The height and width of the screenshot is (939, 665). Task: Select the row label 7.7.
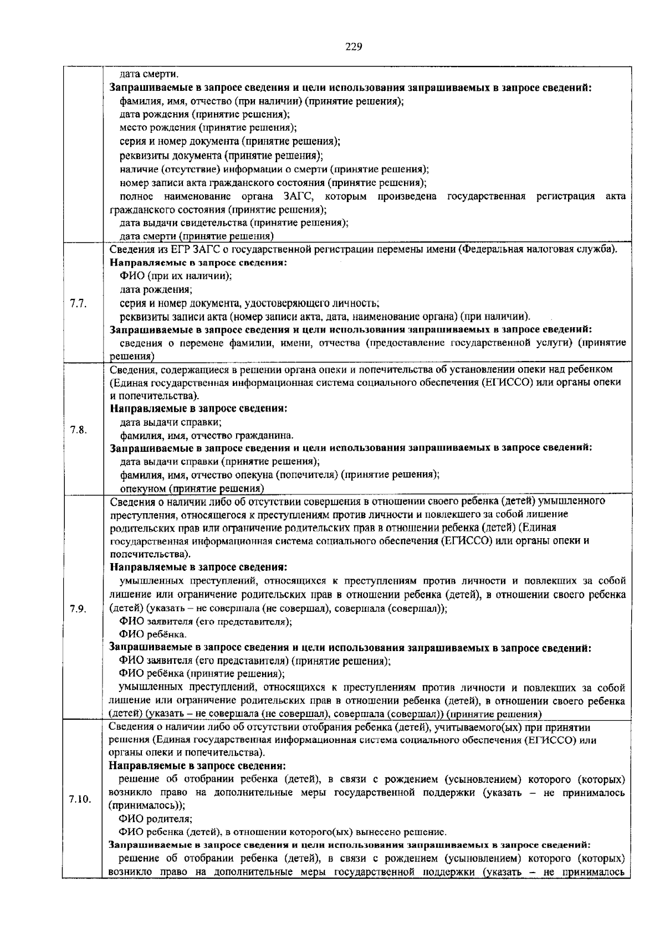78,303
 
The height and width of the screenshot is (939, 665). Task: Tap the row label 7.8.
78,429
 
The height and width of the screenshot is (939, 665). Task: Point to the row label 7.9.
78,608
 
